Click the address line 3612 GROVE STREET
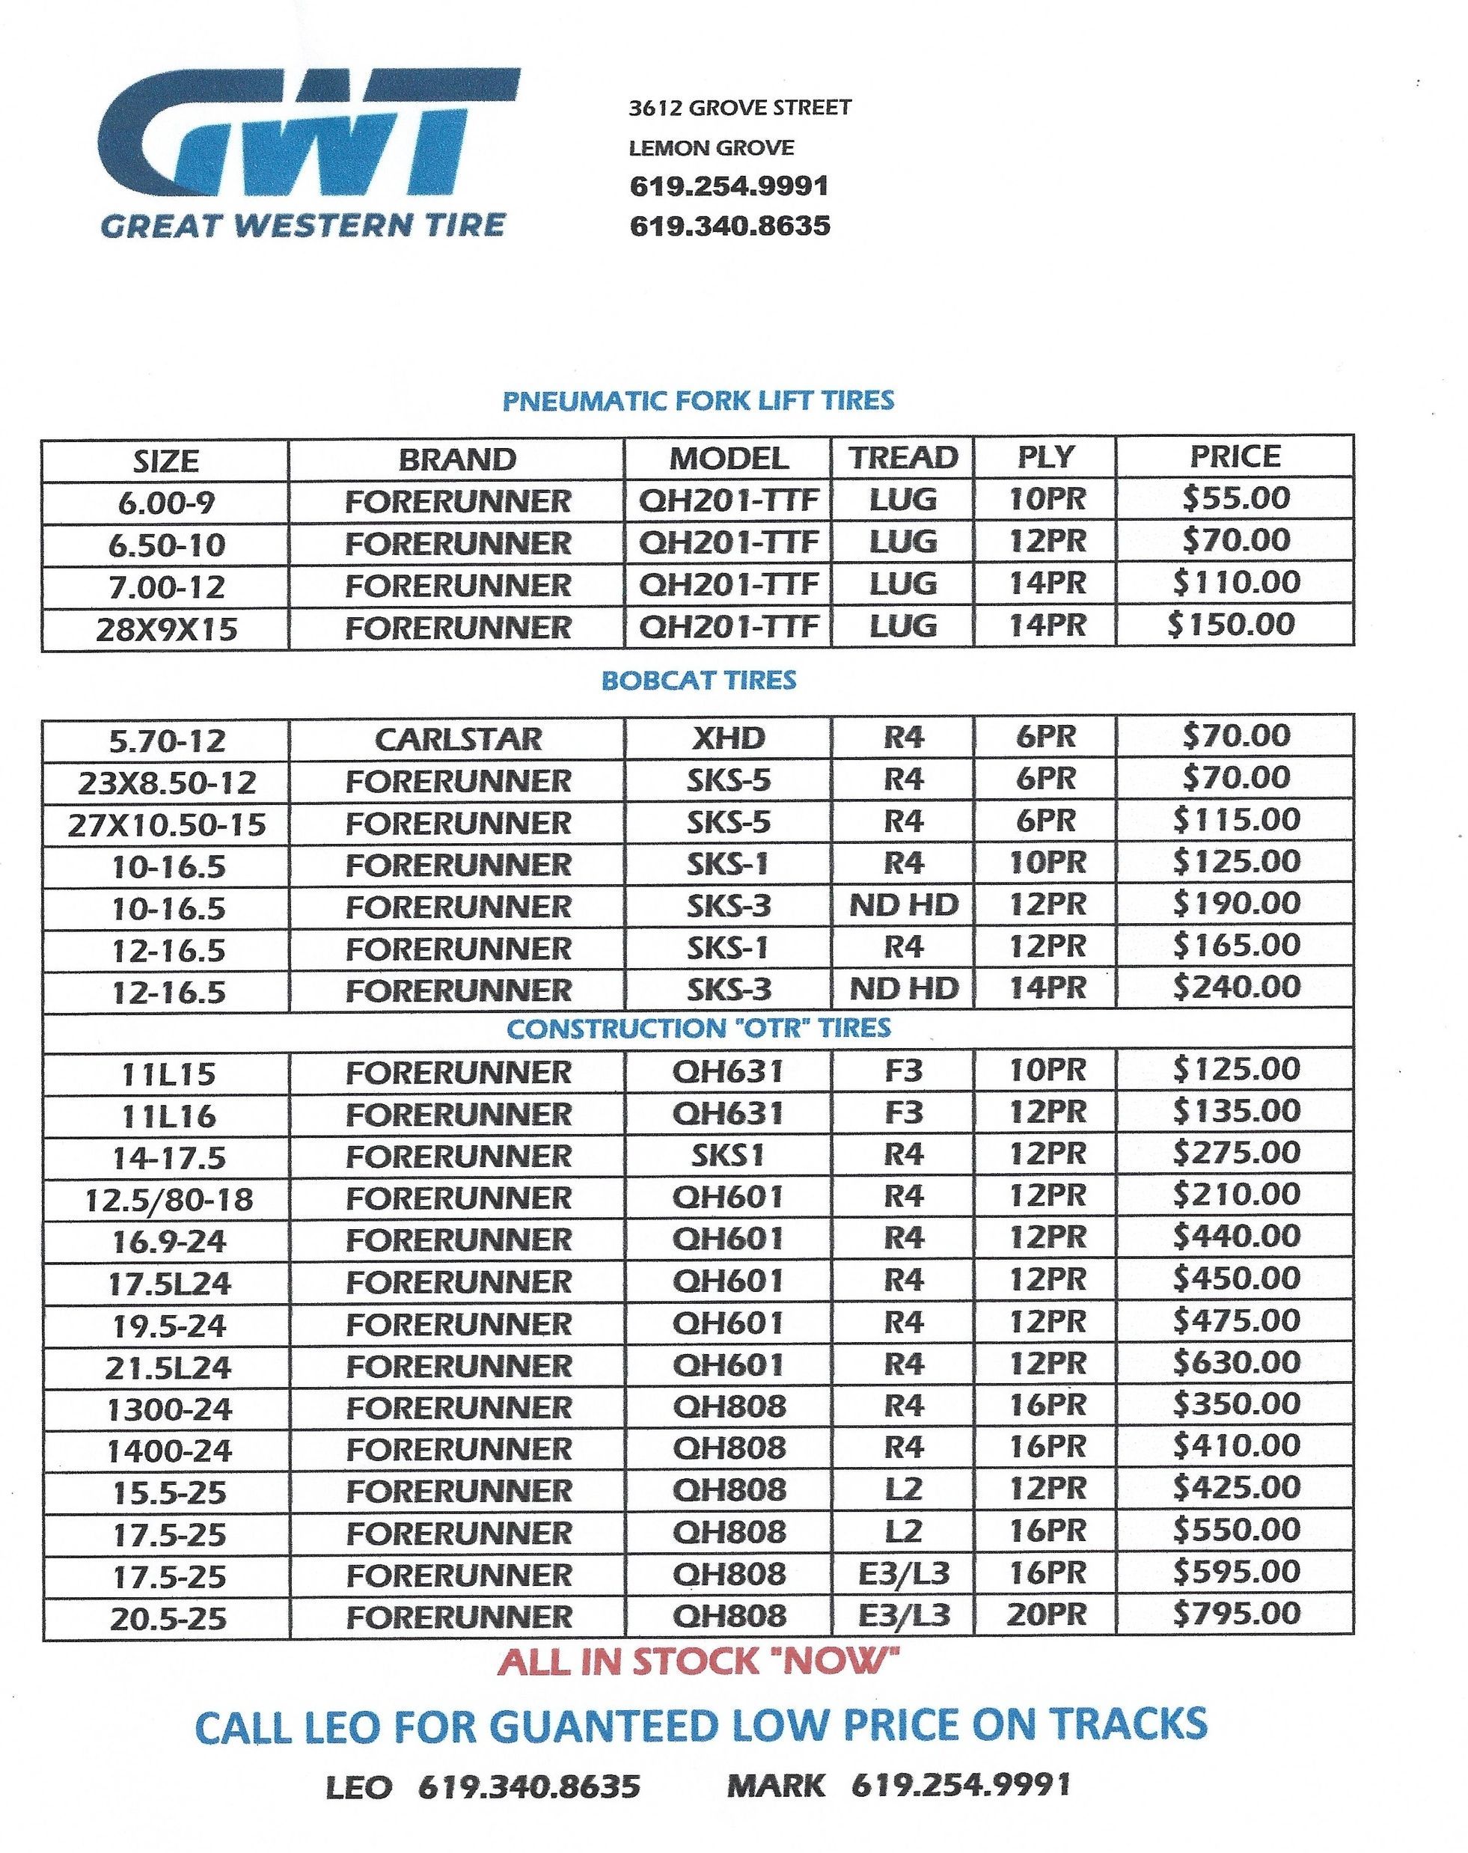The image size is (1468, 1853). click(739, 108)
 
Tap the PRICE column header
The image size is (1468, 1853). click(1235, 456)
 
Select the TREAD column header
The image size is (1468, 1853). click(902, 457)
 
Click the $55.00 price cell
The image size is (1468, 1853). click(1235, 498)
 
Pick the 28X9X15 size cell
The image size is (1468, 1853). click(166, 630)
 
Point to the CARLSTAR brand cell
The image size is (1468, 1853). click(457, 739)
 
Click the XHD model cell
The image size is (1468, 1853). click(728, 738)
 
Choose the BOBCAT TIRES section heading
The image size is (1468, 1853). click(698, 680)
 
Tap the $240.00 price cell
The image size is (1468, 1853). click(1236, 987)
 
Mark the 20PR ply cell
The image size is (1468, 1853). click(1046, 1615)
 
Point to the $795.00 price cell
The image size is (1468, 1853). click(1236, 1614)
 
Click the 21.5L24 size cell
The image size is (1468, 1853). click(168, 1367)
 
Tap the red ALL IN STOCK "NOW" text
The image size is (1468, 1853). click(698, 1661)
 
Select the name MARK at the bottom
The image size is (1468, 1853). click(775, 1786)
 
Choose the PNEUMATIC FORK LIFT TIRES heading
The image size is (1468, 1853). click(698, 400)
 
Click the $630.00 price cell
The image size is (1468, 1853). click(1236, 1362)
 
